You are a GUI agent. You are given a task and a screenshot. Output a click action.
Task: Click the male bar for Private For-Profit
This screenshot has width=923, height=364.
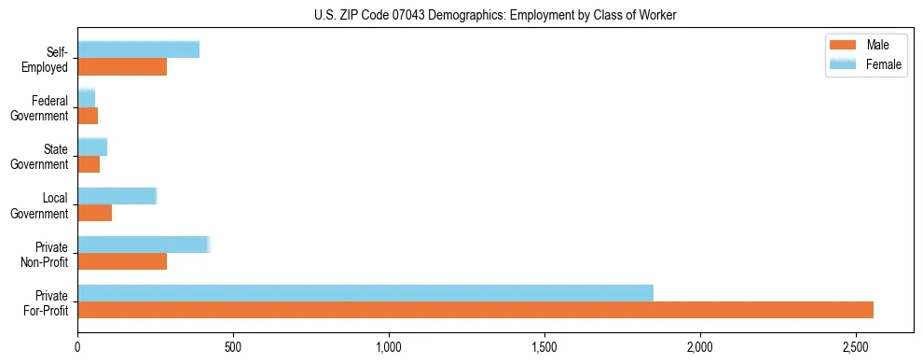click(475, 310)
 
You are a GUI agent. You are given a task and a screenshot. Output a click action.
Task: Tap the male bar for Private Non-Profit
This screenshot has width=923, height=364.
click(122, 261)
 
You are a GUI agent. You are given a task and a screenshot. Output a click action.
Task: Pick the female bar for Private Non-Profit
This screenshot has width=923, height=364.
click(144, 245)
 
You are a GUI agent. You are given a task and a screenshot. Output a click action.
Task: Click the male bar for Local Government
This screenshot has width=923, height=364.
click(95, 213)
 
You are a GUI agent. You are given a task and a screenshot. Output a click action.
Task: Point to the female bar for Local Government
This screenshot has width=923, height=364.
click(117, 196)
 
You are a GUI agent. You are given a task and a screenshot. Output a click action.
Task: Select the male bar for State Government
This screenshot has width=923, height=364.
click(89, 164)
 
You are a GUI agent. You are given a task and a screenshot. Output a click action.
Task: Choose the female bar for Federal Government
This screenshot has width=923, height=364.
click(87, 98)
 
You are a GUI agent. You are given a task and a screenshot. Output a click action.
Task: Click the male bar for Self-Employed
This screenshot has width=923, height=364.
click(122, 67)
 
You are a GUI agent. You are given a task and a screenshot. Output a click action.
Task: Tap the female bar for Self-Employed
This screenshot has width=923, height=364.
click(139, 49)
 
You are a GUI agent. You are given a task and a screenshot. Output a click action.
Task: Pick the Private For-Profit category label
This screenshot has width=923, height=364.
click(48, 301)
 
